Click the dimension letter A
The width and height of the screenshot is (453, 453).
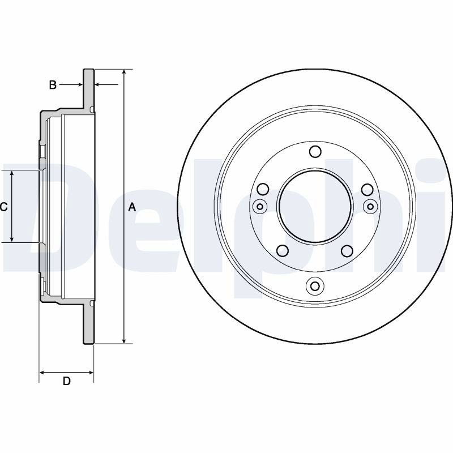click(132, 207)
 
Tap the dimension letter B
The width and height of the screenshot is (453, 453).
click(53, 85)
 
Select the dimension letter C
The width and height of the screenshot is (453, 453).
click(3, 207)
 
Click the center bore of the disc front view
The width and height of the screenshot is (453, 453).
click(315, 207)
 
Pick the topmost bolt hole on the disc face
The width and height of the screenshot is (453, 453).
click(315, 152)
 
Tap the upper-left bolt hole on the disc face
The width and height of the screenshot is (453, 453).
click(263, 190)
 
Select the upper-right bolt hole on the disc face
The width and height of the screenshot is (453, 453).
click(367, 190)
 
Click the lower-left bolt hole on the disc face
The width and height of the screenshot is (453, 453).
click(283, 251)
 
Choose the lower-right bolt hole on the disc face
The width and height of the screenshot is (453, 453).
click(347, 251)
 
